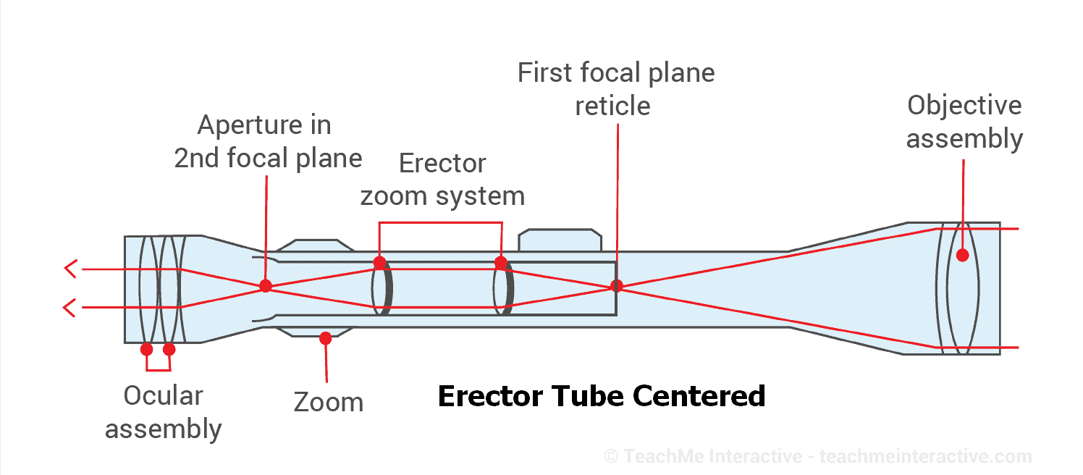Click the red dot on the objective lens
tap(962, 255)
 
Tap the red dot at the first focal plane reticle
tap(617, 285)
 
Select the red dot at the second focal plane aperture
tap(266, 285)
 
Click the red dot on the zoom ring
tap(325, 337)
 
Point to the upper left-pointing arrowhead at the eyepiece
tap(70, 269)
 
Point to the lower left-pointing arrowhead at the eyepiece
tap(70, 308)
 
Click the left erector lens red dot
tap(379, 262)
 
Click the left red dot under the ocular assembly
tap(147, 349)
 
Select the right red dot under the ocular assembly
tap(169, 349)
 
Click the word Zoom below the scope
tap(328, 402)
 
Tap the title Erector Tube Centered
tap(602, 396)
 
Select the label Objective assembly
tap(964, 122)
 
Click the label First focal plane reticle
tap(615, 89)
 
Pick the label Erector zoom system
tap(442, 180)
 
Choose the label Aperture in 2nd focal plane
tap(268, 141)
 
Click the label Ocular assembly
tap(163, 412)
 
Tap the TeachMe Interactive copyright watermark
tap(818, 456)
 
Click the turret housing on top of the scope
tap(560, 241)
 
